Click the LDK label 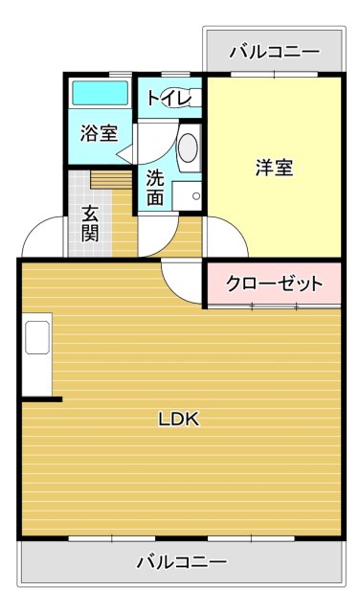coord(178,419)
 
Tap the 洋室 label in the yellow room coord(274,168)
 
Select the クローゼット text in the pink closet coord(273,284)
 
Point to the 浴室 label coord(99,133)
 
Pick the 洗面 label coord(155,187)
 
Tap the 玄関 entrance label coord(90,223)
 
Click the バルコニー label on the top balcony coord(274,50)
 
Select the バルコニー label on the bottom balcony coord(181,561)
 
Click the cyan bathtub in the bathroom coord(100,94)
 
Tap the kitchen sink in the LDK coord(37,338)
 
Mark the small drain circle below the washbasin coord(195,196)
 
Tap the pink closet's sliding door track coord(274,306)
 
